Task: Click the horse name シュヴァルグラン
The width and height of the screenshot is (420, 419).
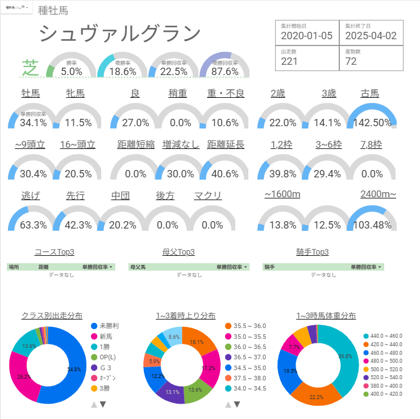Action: [x=120, y=35]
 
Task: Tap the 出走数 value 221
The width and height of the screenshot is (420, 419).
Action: [x=289, y=61]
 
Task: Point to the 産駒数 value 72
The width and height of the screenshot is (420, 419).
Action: [x=351, y=61]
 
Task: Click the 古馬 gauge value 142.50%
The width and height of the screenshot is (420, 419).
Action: [x=372, y=123]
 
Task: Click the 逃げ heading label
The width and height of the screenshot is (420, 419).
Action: [x=30, y=196]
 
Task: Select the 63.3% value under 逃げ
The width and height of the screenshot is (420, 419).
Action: [x=33, y=225]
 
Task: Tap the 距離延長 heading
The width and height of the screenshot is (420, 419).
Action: [x=226, y=145]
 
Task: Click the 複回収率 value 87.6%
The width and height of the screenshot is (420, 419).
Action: [x=224, y=72]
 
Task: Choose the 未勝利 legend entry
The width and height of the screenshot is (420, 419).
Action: [x=109, y=326]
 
